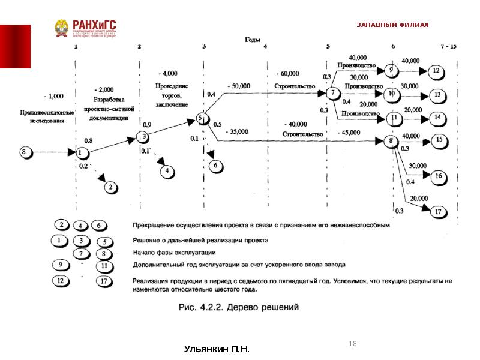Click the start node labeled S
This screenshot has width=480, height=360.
25,152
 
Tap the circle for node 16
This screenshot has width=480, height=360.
439,176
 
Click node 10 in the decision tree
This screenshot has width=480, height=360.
391,94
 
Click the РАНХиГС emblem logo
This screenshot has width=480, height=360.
62,28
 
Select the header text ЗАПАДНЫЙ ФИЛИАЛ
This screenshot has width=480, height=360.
392,25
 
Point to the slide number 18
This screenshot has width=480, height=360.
352,343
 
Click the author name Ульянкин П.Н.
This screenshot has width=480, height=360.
216,349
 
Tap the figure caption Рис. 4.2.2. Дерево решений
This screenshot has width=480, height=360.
239,307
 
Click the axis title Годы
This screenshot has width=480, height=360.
251,39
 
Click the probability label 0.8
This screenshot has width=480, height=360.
89,140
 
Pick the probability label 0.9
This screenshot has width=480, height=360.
148,124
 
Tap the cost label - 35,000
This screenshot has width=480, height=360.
238,131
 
